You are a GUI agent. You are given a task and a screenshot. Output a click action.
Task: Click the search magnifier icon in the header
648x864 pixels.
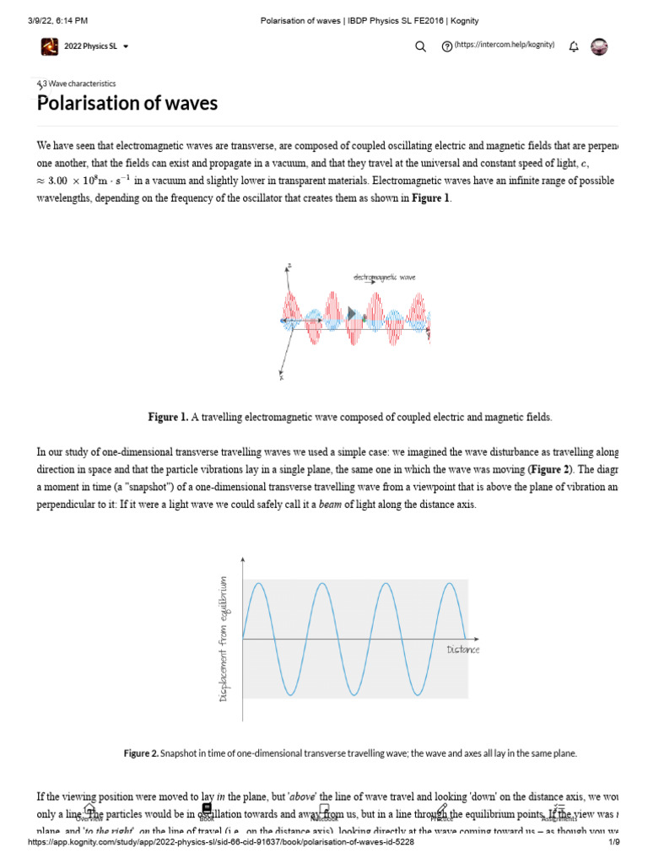pos(420,47)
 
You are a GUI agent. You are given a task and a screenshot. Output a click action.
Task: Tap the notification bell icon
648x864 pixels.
pos(574,46)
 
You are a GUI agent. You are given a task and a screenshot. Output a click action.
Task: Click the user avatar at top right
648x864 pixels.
pos(599,46)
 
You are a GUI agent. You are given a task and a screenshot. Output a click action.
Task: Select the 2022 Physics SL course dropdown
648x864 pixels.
pos(84,46)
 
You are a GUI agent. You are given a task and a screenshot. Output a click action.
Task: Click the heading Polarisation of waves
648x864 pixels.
pos(127,103)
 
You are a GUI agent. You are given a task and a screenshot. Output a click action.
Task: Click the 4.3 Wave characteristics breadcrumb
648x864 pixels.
pos(78,84)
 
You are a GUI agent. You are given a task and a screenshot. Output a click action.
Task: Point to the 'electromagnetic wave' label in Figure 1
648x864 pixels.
pos(384,278)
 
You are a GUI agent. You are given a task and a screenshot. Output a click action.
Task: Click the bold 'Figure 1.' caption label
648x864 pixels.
pos(168,417)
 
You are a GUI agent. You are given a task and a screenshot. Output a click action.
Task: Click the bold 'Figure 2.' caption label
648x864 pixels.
pos(141,753)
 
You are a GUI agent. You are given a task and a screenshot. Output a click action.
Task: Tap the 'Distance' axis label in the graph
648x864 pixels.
pos(462,649)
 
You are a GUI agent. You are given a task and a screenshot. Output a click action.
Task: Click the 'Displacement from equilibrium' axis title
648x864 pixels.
pos(224,638)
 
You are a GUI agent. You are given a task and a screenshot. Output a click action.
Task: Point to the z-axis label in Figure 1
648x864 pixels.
pos(289,266)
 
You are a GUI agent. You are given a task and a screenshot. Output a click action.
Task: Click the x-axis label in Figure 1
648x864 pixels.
pos(281,377)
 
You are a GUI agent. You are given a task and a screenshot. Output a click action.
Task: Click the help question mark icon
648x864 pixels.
pos(446,47)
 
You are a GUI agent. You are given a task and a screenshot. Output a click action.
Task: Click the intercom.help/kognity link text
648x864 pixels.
pos(505,45)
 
